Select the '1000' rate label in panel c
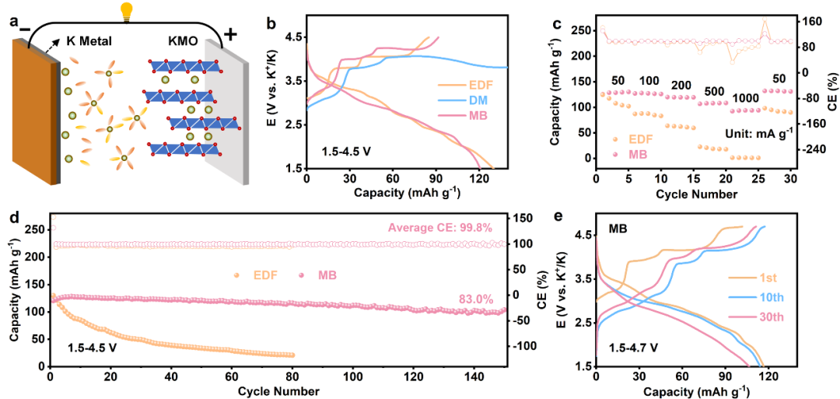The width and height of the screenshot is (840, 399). [745, 100]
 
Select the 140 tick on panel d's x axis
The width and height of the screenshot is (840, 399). [475, 377]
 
